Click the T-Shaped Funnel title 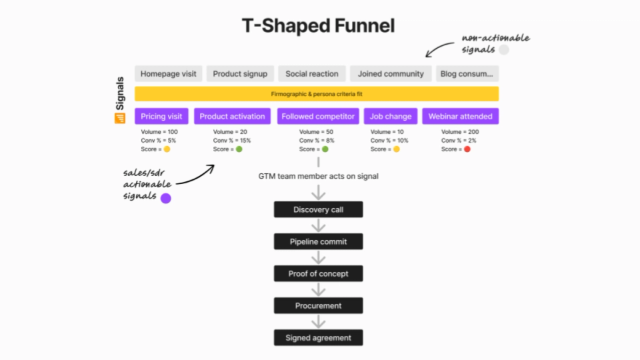click(318, 26)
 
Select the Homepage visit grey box click(169, 74)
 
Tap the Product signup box click(240, 74)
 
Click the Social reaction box click(312, 74)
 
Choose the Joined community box click(391, 74)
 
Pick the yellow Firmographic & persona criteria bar click(317, 94)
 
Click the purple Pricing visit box click(162, 116)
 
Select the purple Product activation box click(232, 116)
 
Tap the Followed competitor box click(318, 116)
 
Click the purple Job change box click(391, 116)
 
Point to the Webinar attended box click(460, 116)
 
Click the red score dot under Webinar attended click(467, 149)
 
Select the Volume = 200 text click(460, 132)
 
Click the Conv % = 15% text click(232, 141)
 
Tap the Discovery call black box click(318, 210)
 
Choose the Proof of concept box click(318, 274)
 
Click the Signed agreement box click(318, 338)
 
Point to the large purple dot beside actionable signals click(166, 197)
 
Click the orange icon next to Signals click(120, 118)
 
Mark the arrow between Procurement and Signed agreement click(319, 321)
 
